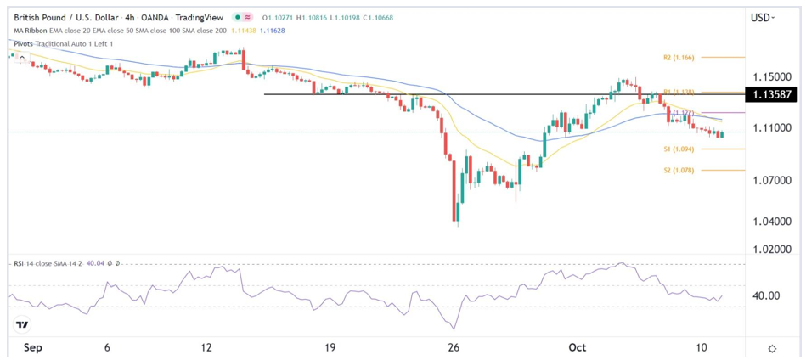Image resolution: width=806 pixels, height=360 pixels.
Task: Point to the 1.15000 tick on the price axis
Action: pyautogui.click(x=772, y=76)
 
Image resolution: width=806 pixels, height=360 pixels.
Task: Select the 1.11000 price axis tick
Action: pyautogui.click(x=772, y=127)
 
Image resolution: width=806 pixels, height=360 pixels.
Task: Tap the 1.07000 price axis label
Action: pyautogui.click(x=772, y=181)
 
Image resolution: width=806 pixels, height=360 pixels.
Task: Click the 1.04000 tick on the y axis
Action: pyautogui.click(x=772, y=222)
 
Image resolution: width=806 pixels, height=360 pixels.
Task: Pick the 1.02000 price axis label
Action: pyautogui.click(x=772, y=250)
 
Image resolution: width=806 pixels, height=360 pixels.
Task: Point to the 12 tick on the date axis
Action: pyautogui.click(x=206, y=347)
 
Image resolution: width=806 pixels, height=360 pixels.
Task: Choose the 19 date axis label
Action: pyautogui.click(x=330, y=347)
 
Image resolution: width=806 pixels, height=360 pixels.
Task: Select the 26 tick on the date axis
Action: pyautogui.click(x=454, y=347)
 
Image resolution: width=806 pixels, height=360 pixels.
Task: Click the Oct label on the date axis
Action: pyautogui.click(x=578, y=347)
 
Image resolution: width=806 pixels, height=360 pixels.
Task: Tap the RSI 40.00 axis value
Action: pyautogui.click(x=766, y=296)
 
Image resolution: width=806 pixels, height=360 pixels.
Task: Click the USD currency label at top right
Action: pyautogui.click(x=763, y=17)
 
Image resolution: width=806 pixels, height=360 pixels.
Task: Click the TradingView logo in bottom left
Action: pyautogui.click(x=22, y=325)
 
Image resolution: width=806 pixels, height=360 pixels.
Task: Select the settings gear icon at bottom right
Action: pyautogui.click(x=772, y=348)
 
